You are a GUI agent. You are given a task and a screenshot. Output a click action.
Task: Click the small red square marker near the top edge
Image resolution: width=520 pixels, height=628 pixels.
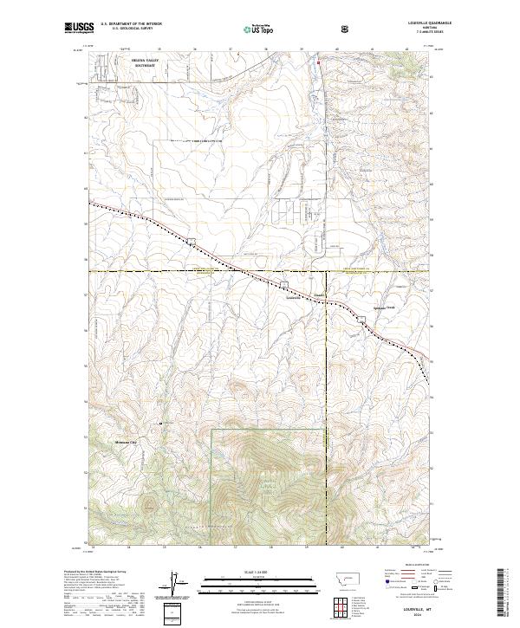(318, 62)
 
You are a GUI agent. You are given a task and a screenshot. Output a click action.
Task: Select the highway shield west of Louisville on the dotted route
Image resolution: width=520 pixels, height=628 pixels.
(192, 241)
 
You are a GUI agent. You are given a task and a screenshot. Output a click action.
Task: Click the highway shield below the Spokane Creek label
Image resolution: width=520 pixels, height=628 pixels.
(362, 319)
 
